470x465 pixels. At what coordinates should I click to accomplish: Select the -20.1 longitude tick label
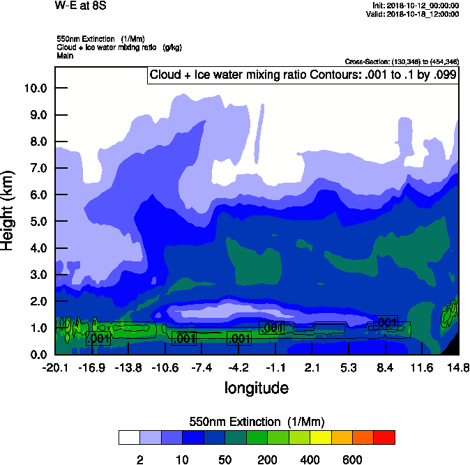[55, 367]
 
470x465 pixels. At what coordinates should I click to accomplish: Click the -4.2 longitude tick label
[238, 367]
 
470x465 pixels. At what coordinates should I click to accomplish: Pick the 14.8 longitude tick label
[458, 367]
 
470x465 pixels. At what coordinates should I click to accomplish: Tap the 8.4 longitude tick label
[386, 367]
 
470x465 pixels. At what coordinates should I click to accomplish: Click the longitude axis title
[256, 387]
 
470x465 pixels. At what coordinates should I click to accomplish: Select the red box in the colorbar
[384, 437]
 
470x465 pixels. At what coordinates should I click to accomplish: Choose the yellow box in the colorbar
[321, 437]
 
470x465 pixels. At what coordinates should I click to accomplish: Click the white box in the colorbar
[129, 437]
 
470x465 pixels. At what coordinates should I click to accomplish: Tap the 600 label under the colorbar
[352, 459]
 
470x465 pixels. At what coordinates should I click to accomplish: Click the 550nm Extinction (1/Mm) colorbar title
[257, 422]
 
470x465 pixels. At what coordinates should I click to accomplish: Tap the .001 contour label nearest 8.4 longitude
[386, 322]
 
